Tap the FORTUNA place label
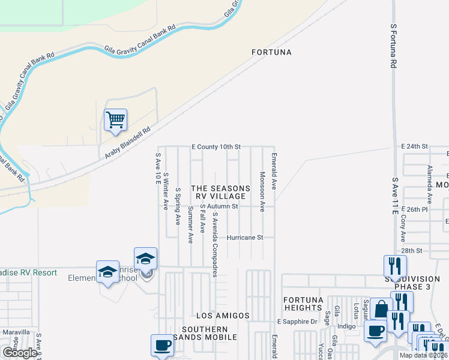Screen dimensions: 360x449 click(x=271, y=52)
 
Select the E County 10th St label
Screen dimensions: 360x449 click(x=216, y=146)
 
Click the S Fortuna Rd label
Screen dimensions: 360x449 click(x=394, y=45)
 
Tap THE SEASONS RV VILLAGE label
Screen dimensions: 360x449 click(x=220, y=192)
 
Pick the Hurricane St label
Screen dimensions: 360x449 click(x=245, y=238)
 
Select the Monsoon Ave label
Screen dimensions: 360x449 click(x=262, y=192)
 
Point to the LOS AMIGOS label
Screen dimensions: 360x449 click(x=223, y=316)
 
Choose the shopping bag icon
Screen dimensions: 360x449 click(x=381, y=309)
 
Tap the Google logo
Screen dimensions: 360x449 click(x=19, y=353)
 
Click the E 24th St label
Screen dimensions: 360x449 click(x=414, y=146)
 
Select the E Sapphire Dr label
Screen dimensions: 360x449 click(x=297, y=322)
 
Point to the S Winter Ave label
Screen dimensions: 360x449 click(x=166, y=191)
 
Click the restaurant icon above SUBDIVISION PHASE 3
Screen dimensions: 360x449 click(x=395, y=266)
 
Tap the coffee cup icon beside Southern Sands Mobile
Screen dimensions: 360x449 click(x=161, y=345)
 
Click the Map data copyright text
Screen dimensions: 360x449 click(x=423, y=355)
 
